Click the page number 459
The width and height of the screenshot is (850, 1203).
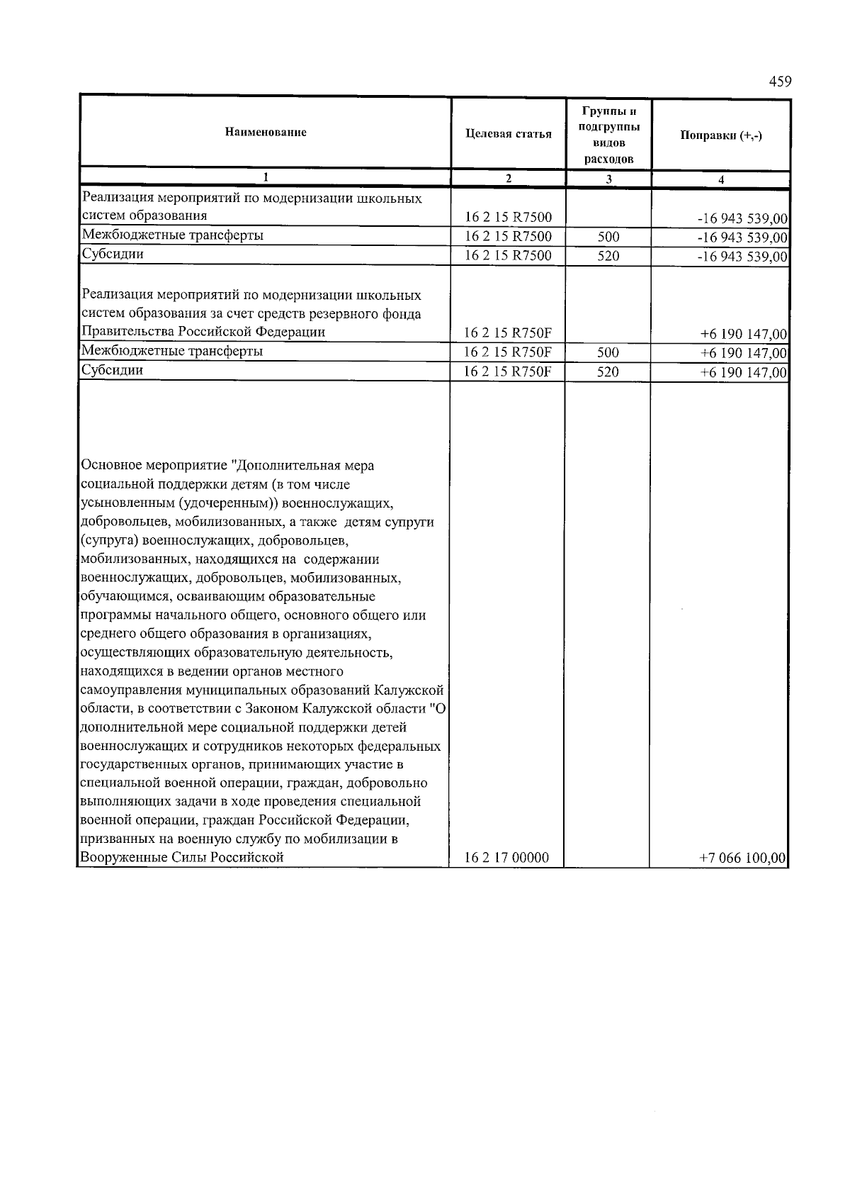779,82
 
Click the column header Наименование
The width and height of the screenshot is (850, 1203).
266,133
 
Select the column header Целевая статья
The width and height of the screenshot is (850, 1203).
508,134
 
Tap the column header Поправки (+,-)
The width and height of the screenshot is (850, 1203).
720,135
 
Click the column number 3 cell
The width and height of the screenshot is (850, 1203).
608,180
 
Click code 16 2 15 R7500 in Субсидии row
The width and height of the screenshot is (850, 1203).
508,256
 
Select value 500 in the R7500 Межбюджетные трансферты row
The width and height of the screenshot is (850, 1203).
608,237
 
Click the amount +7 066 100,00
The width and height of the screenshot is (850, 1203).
742,858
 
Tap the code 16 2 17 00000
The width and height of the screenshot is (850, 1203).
506,858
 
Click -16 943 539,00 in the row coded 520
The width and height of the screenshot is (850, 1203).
742,257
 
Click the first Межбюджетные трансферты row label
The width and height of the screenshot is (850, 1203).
173,235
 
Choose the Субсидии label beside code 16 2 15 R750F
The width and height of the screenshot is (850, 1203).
113,370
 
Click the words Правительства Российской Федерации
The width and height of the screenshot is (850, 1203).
203,332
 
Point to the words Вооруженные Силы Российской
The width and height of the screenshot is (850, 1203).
183,857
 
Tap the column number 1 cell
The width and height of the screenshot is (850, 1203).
266,177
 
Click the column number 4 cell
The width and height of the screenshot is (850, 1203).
720,180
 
